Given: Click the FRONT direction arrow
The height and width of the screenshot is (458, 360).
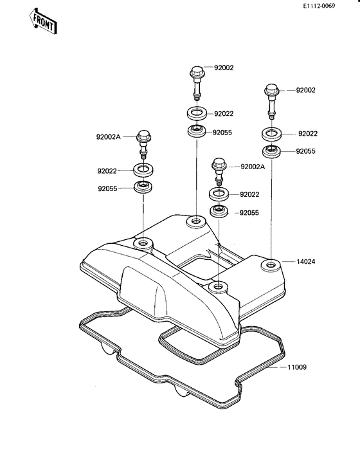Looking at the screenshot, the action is pos(42,21).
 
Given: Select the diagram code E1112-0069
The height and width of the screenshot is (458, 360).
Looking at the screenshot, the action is pos(319,6).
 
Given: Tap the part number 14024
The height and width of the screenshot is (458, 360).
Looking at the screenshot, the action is pos(306,261).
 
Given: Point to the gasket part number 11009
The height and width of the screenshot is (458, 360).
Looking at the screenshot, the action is pos(297,367).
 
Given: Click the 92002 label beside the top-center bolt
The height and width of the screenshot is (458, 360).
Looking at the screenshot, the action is pos(224,68).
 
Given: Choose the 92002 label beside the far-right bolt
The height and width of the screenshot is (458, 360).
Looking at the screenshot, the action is pos(306,90).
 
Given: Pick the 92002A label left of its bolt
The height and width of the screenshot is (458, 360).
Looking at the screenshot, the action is pos(108,137).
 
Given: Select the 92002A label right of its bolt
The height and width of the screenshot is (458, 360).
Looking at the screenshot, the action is pos(253,167).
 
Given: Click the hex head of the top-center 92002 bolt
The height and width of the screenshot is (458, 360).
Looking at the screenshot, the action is pos(197,71).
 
